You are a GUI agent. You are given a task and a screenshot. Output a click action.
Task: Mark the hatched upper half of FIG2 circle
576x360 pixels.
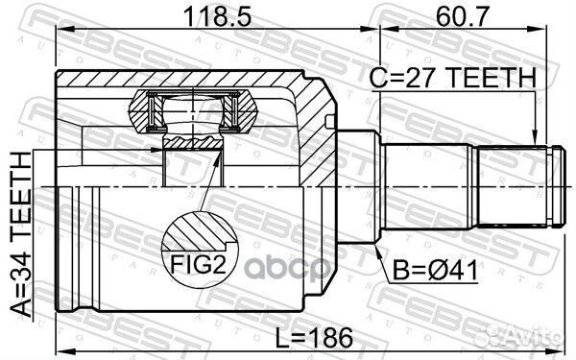click(200, 233)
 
